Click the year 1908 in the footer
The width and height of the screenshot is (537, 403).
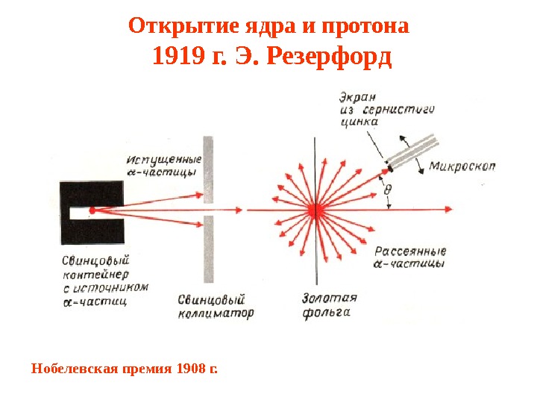click(192, 368)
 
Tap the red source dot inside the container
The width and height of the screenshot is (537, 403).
click(92, 210)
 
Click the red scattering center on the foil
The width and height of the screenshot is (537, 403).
click(317, 210)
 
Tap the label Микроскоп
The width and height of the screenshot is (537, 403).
click(462, 166)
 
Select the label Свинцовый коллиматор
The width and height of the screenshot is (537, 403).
click(216, 305)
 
